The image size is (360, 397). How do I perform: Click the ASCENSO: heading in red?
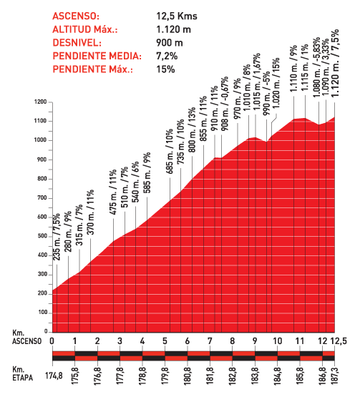click(76, 16)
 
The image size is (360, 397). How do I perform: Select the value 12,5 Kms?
click(177, 16)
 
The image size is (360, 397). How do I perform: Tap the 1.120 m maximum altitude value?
click(173, 29)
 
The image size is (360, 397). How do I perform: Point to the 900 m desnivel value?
click(170, 43)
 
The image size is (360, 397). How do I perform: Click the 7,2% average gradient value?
click(167, 57)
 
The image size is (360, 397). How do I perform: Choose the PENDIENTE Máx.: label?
click(92, 69)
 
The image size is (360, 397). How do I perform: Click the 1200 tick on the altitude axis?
click(41, 102)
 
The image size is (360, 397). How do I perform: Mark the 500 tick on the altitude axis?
click(42, 236)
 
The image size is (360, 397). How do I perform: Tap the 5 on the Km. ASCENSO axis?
click(165, 341)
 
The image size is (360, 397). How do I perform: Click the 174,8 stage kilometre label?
click(54, 376)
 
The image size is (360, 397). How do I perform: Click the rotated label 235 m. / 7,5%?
click(57, 237)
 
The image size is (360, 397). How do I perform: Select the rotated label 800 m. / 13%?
click(192, 130)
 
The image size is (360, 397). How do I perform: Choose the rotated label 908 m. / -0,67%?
click(225, 104)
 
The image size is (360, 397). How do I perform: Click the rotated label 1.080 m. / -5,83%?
click(316, 68)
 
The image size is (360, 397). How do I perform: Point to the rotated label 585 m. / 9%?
click(147, 172)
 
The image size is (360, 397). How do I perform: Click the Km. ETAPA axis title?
click(23, 373)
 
